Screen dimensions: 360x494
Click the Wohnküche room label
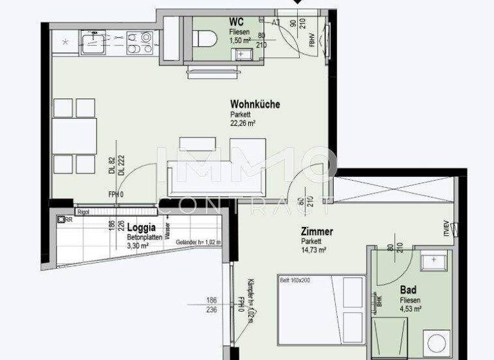click(x=255, y=104)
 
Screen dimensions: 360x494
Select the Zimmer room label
click(x=316, y=231)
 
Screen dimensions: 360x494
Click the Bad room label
click(x=408, y=290)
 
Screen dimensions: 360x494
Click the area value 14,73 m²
click(x=315, y=251)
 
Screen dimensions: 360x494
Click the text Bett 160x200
click(x=295, y=280)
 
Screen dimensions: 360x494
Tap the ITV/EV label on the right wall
click(x=444, y=230)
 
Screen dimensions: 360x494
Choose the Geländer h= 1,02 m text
click(x=199, y=242)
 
